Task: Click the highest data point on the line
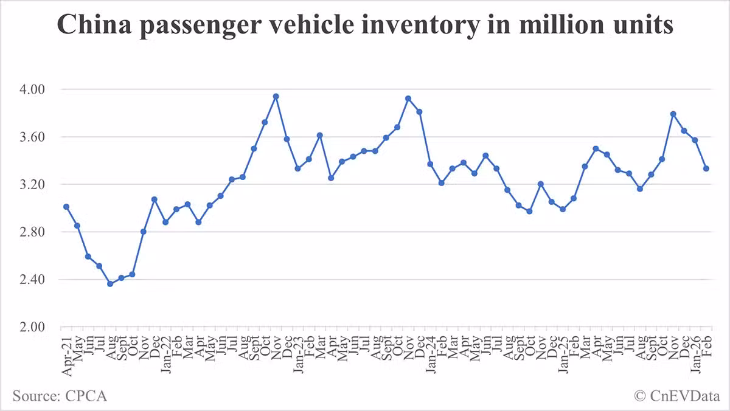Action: pos(276,96)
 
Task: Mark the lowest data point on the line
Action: pos(110,284)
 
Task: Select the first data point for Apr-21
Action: pos(66,207)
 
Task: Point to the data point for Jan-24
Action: pos(430,164)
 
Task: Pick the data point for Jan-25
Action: pos(563,209)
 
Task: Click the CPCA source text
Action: pos(60,396)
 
